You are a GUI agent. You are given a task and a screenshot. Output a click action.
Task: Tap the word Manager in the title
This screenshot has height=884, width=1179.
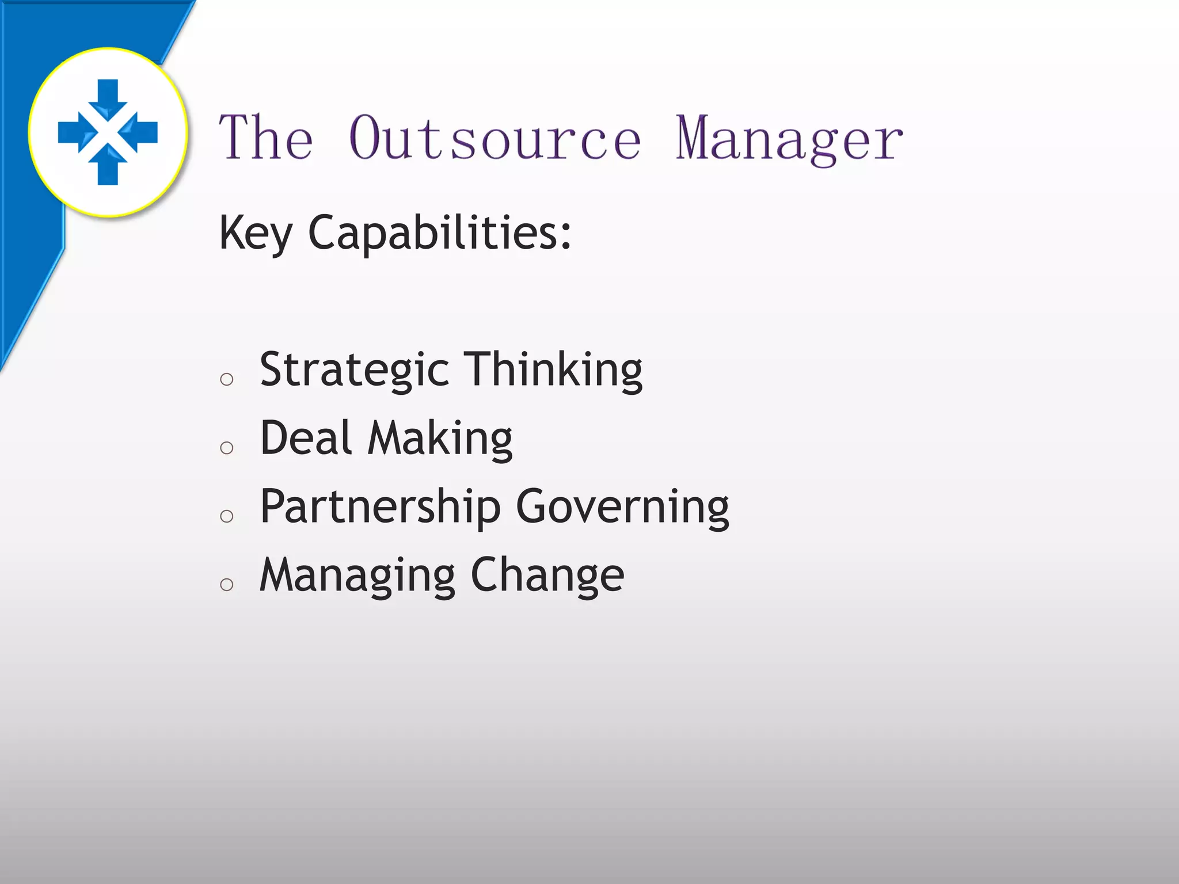(x=789, y=138)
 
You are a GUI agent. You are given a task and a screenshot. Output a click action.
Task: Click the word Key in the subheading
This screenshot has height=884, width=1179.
(x=255, y=233)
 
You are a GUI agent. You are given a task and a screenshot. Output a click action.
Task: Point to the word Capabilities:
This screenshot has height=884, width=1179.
(x=440, y=233)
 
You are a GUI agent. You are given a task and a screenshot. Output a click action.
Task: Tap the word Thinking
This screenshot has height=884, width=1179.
(x=553, y=370)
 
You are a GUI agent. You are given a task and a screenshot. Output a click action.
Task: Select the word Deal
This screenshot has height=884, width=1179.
(x=306, y=439)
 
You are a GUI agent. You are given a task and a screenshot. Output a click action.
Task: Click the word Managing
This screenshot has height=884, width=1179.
(x=357, y=576)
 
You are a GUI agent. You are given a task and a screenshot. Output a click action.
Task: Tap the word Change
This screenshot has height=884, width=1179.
(x=547, y=576)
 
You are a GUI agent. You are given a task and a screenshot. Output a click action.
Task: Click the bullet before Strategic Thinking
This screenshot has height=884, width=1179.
(x=227, y=379)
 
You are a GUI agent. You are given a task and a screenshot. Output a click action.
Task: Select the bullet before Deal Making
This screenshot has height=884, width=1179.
(x=227, y=448)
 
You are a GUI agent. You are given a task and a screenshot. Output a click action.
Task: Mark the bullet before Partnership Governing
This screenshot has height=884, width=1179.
(x=227, y=516)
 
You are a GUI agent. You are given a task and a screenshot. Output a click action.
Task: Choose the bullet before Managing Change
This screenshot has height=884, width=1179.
(x=227, y=585)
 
